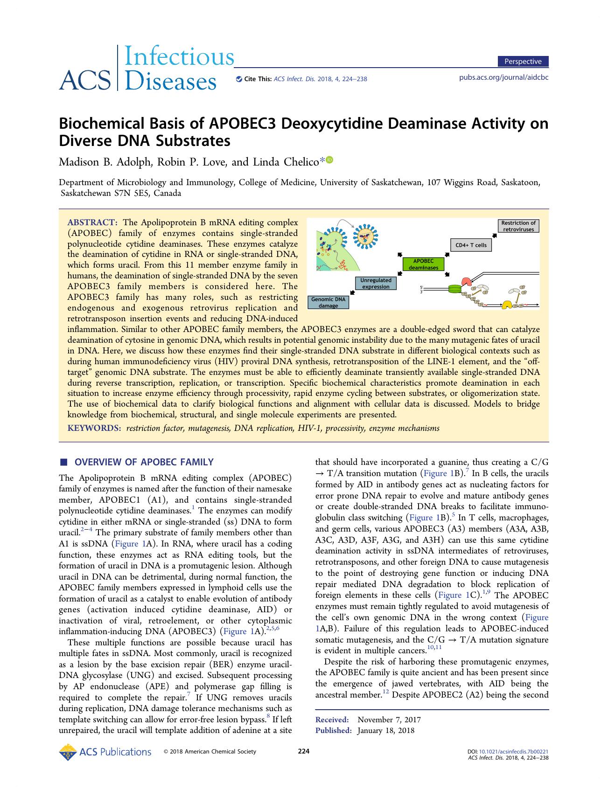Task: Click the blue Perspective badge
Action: [x=522, y=62]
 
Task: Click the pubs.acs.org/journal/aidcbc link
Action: [x=504, y=77]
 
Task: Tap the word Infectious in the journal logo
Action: [x=180, y=57]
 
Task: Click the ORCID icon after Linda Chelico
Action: [x=330, y=160]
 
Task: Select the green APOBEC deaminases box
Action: [x=424, y=264]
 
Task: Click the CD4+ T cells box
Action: [x=471, y=245]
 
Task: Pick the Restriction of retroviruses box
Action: [x=518, y=226]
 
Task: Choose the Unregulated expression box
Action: [x=376, y=283]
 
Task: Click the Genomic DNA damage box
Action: [x=328, y=303]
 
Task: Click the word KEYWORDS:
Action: [x=94, y=428]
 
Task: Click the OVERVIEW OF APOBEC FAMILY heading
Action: [x=144, y=462]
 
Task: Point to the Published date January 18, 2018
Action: [x=385, y=731]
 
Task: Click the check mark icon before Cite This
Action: [x=239, y=79]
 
